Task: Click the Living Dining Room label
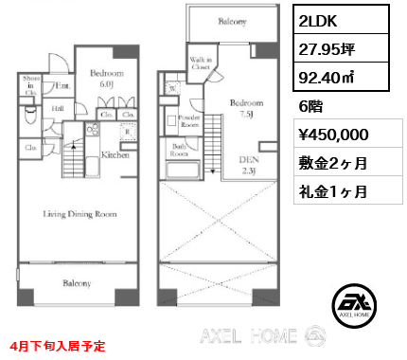(x=79, y=214)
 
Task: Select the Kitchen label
(x=115, y=154)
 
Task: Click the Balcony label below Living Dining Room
(x=77, y=283)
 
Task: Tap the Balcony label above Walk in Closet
(x=233, y=21)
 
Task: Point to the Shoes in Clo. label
(x=30, y=85)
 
